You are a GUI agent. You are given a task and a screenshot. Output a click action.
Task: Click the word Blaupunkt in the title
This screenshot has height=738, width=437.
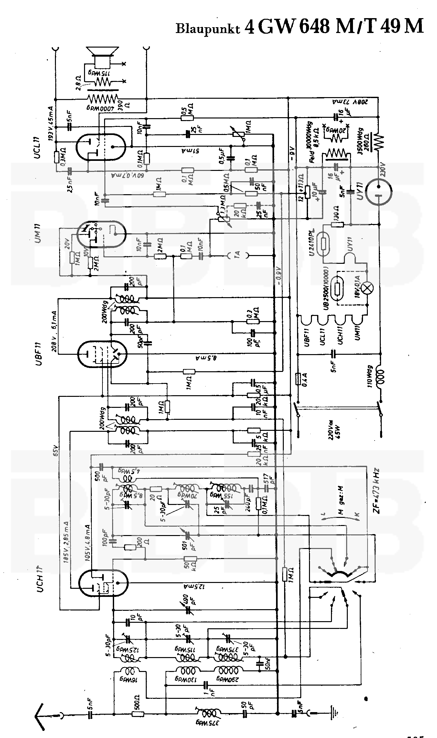pos(208,28)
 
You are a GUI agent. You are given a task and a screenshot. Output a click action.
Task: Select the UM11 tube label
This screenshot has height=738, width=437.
pos(38,232)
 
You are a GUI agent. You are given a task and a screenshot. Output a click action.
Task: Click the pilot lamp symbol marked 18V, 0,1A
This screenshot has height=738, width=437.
pos(367,288)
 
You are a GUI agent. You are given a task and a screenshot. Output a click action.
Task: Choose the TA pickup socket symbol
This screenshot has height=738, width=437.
pos(238,256)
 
